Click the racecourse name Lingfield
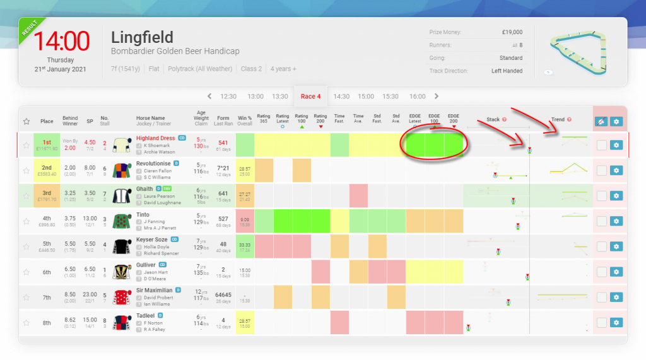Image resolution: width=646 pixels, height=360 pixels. coord(142,37)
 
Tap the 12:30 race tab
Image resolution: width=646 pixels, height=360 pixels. coord(228,96)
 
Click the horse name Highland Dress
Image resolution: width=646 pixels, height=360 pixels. coord(155,137)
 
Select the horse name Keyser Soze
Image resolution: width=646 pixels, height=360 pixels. coord(151,240)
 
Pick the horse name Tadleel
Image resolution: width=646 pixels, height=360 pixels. coord(146,315)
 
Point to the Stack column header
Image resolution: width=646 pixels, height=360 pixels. coord(493,119)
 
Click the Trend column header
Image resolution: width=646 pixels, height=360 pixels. coord(558,119)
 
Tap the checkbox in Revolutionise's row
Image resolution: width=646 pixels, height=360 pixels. coord(602,170)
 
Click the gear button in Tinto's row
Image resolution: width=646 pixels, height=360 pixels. coord(616,221)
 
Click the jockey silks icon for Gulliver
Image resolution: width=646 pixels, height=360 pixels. coord(122,271)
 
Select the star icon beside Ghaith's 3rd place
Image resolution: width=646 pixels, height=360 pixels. coord(26,196)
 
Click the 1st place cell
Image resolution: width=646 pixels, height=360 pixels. coord(47,145)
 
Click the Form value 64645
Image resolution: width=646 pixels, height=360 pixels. coord(223,294)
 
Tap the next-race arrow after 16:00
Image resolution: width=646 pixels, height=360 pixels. coord(437,96)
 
